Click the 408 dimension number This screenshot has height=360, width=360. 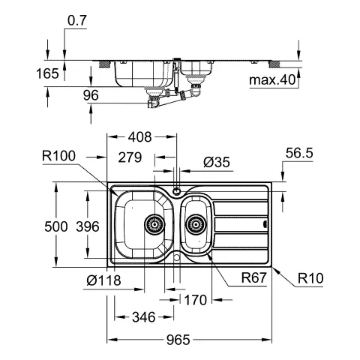tap(140, 137)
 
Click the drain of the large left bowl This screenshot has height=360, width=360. tap(154, 223)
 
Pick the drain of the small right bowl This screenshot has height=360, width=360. tap(196, 223)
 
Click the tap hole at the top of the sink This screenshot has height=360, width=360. tap(177, 190)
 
